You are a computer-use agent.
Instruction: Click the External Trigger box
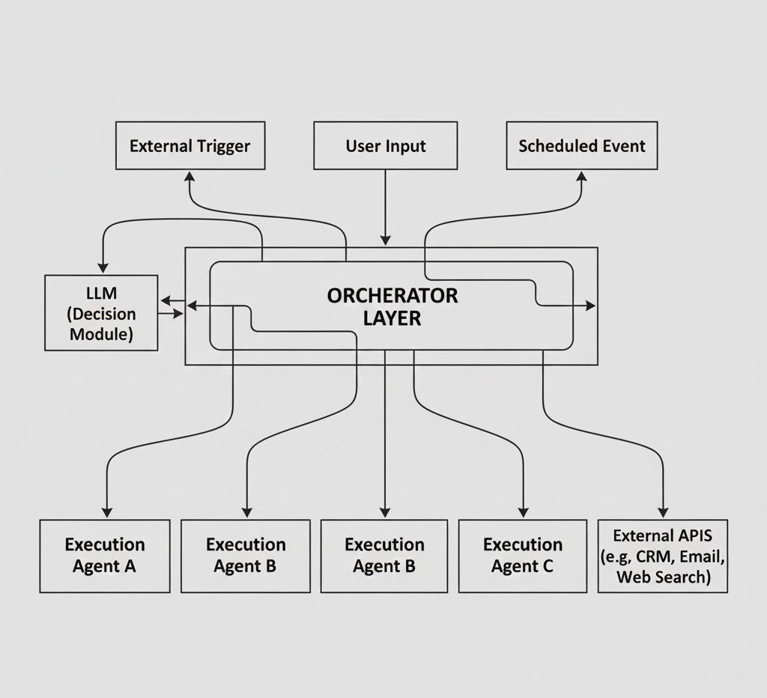point(190,145)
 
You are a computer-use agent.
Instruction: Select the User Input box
point(385,145)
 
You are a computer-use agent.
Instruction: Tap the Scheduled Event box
point(581,145)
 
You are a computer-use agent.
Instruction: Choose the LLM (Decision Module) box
point(101,313)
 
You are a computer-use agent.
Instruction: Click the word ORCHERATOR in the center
point(392,295)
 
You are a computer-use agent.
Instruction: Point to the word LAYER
point(392,318)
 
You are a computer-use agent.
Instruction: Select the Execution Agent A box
point(104,556)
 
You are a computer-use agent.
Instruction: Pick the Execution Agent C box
point(522,556)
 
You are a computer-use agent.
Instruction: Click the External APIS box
point(662,556)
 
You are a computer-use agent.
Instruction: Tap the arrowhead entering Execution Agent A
point(106,512)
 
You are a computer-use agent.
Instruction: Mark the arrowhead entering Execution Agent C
point(523,512)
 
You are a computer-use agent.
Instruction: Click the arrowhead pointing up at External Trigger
point(190,175)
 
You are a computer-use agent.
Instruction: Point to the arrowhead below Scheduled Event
point(582,175)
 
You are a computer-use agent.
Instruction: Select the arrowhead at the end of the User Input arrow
point(385,240)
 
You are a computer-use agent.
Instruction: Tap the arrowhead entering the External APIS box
point(663,512)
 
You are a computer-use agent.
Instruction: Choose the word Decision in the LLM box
point(106,314)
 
